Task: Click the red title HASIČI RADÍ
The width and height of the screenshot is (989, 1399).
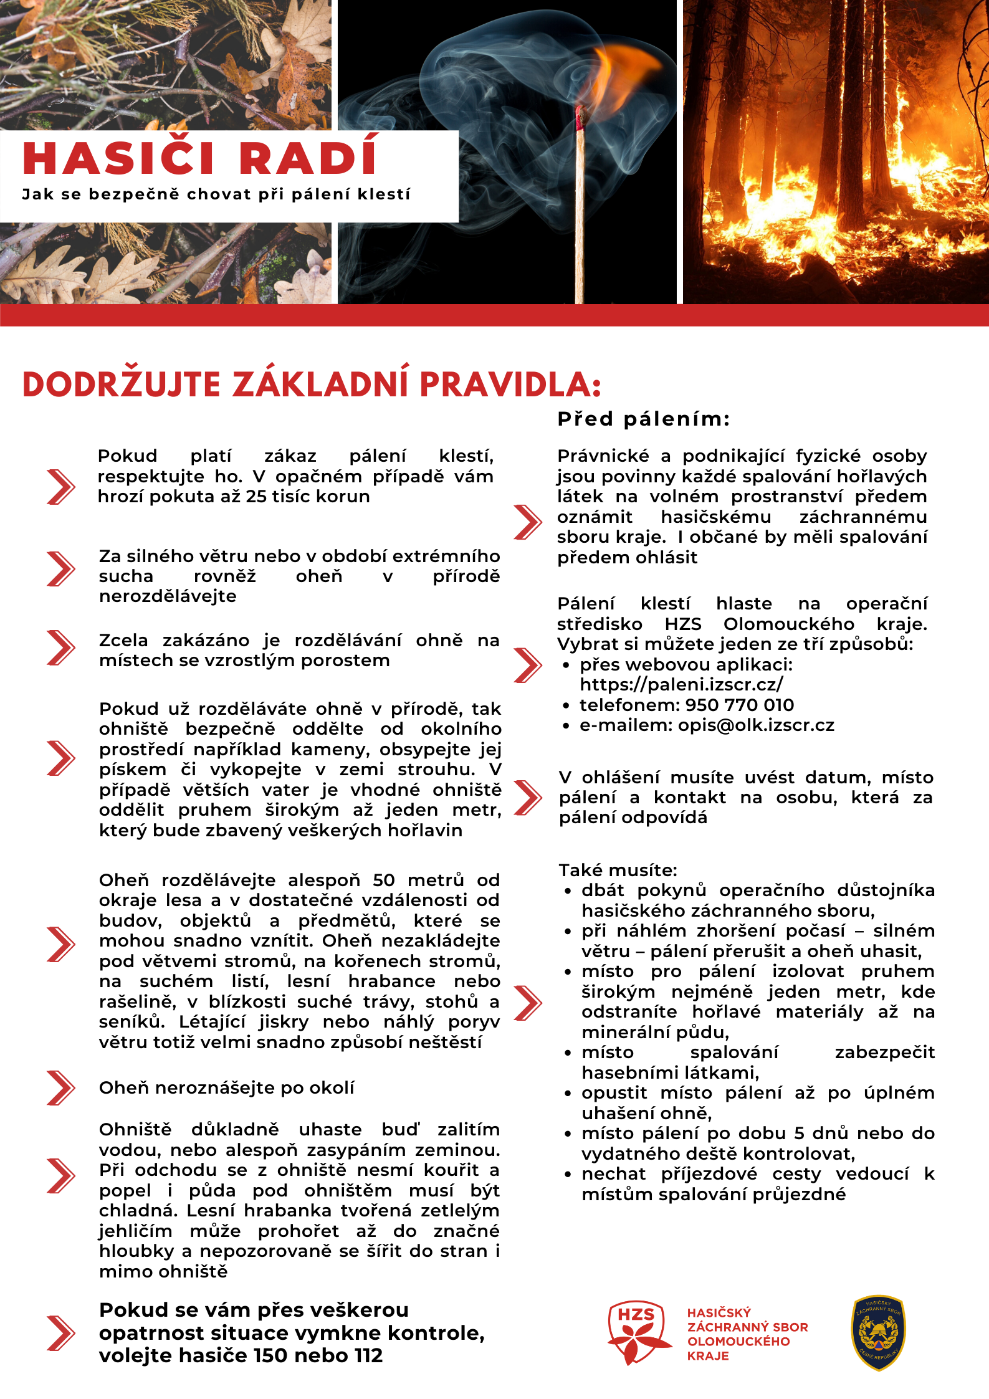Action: pos(199,158)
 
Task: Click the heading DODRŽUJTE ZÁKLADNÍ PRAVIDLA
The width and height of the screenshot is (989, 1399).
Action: pos(312,384)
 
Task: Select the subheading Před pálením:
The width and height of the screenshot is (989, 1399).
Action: pos(643,419)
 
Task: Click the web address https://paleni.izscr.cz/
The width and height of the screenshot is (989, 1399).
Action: pos(681,685)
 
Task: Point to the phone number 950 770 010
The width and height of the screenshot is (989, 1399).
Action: pos(739,705)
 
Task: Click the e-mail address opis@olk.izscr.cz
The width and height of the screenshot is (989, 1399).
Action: pos(756,725)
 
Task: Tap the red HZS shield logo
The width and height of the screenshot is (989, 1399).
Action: pos(638,1332)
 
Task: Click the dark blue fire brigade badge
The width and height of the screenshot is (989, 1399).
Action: pos(879,1332)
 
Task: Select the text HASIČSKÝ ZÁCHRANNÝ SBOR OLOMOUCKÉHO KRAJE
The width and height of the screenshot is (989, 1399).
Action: pos(747,1334)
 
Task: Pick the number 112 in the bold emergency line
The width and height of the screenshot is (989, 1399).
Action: pos(366,1356)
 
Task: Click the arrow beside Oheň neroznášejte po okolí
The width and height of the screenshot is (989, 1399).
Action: pos(60,1087)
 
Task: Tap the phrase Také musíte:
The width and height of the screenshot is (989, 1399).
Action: pos(618,871)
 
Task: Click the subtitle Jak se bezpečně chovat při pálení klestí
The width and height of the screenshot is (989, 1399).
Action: pos(216,194)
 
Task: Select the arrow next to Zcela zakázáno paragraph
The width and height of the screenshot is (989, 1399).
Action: pos(60,648)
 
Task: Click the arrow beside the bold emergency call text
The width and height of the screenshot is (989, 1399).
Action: pos(60,1333)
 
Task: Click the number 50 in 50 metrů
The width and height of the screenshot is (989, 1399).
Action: pos(384,881)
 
